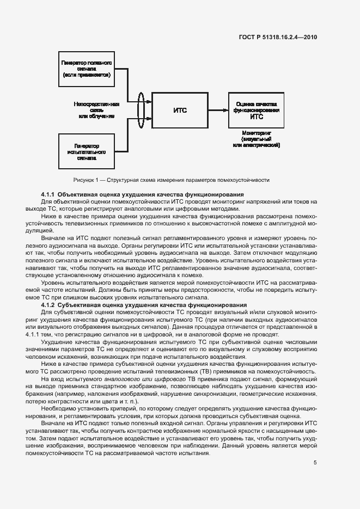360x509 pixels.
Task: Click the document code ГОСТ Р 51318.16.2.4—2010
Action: pyautogui.click(x=278, y=38)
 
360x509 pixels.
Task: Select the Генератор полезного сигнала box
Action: pyautogui.click(x=87, y=69)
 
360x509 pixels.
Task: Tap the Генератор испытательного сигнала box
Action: pyautogui.click(x=87, y=152)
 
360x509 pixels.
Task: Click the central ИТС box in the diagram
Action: pyautogui.click(x=180, y=110)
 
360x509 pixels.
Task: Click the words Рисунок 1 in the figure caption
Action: pyautogui.click(x=87, y=180)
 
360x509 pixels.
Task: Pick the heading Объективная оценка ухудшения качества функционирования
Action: pyautogui.click(x=150, y=194)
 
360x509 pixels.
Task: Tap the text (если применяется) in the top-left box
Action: pyautogui.click(x=87, y=75)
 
